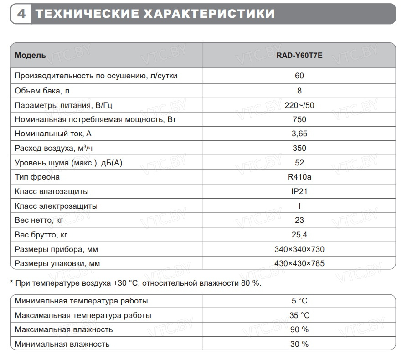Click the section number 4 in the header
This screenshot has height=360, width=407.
click(x=21, y=14)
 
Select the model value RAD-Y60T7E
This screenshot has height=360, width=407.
click(x=299, y=55)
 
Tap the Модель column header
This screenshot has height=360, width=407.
click(x=30, y=55)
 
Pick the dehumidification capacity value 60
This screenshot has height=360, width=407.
click(x=299, y=76)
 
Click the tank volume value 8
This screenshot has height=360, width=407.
click(x=299, y=90)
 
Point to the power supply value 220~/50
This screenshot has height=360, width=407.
click(x=299, y=105)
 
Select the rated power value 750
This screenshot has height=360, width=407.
click(x=299, y=119)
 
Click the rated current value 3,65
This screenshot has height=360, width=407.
click(x=299, y=134)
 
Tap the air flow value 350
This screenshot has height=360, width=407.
click(x=299, y=148)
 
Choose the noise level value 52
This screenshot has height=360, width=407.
click(x=299, y=163)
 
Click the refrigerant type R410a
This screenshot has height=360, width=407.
click(x=299, y=177)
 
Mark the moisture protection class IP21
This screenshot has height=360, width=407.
click(x=299, y=191)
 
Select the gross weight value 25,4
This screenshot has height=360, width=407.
click(x=299, y=235)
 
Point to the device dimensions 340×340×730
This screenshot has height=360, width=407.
click(x=299, y=249)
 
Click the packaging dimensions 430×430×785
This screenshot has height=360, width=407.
click(x=299, y=263)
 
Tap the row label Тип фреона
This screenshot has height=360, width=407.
click(x=37, y=177)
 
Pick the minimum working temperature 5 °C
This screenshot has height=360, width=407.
click(x=299, y=301)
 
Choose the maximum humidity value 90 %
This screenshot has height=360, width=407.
click(x=299, y=329)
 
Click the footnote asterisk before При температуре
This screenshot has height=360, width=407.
click(x=12, y=282)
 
